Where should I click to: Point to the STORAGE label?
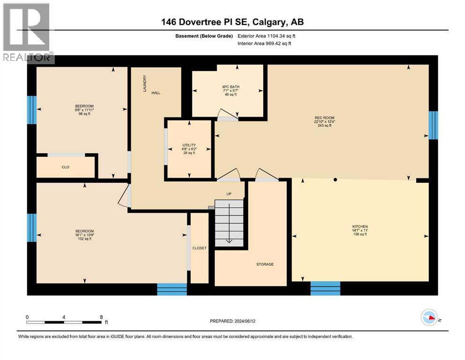pyautogui.click(x=265, y=264)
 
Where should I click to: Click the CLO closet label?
pyautogui.click(x=66, y=167)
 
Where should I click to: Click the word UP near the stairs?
pyautogui.click(x=229, y=193)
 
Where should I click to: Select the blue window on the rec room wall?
pyautogui.click(x=433, y=125)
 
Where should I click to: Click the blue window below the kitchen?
pyautogui.click(x=325, y=288)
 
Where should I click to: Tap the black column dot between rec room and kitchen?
pyautogui.click(x=335, y=180)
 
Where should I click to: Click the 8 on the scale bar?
pyautogui.click(x=101, y=317)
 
